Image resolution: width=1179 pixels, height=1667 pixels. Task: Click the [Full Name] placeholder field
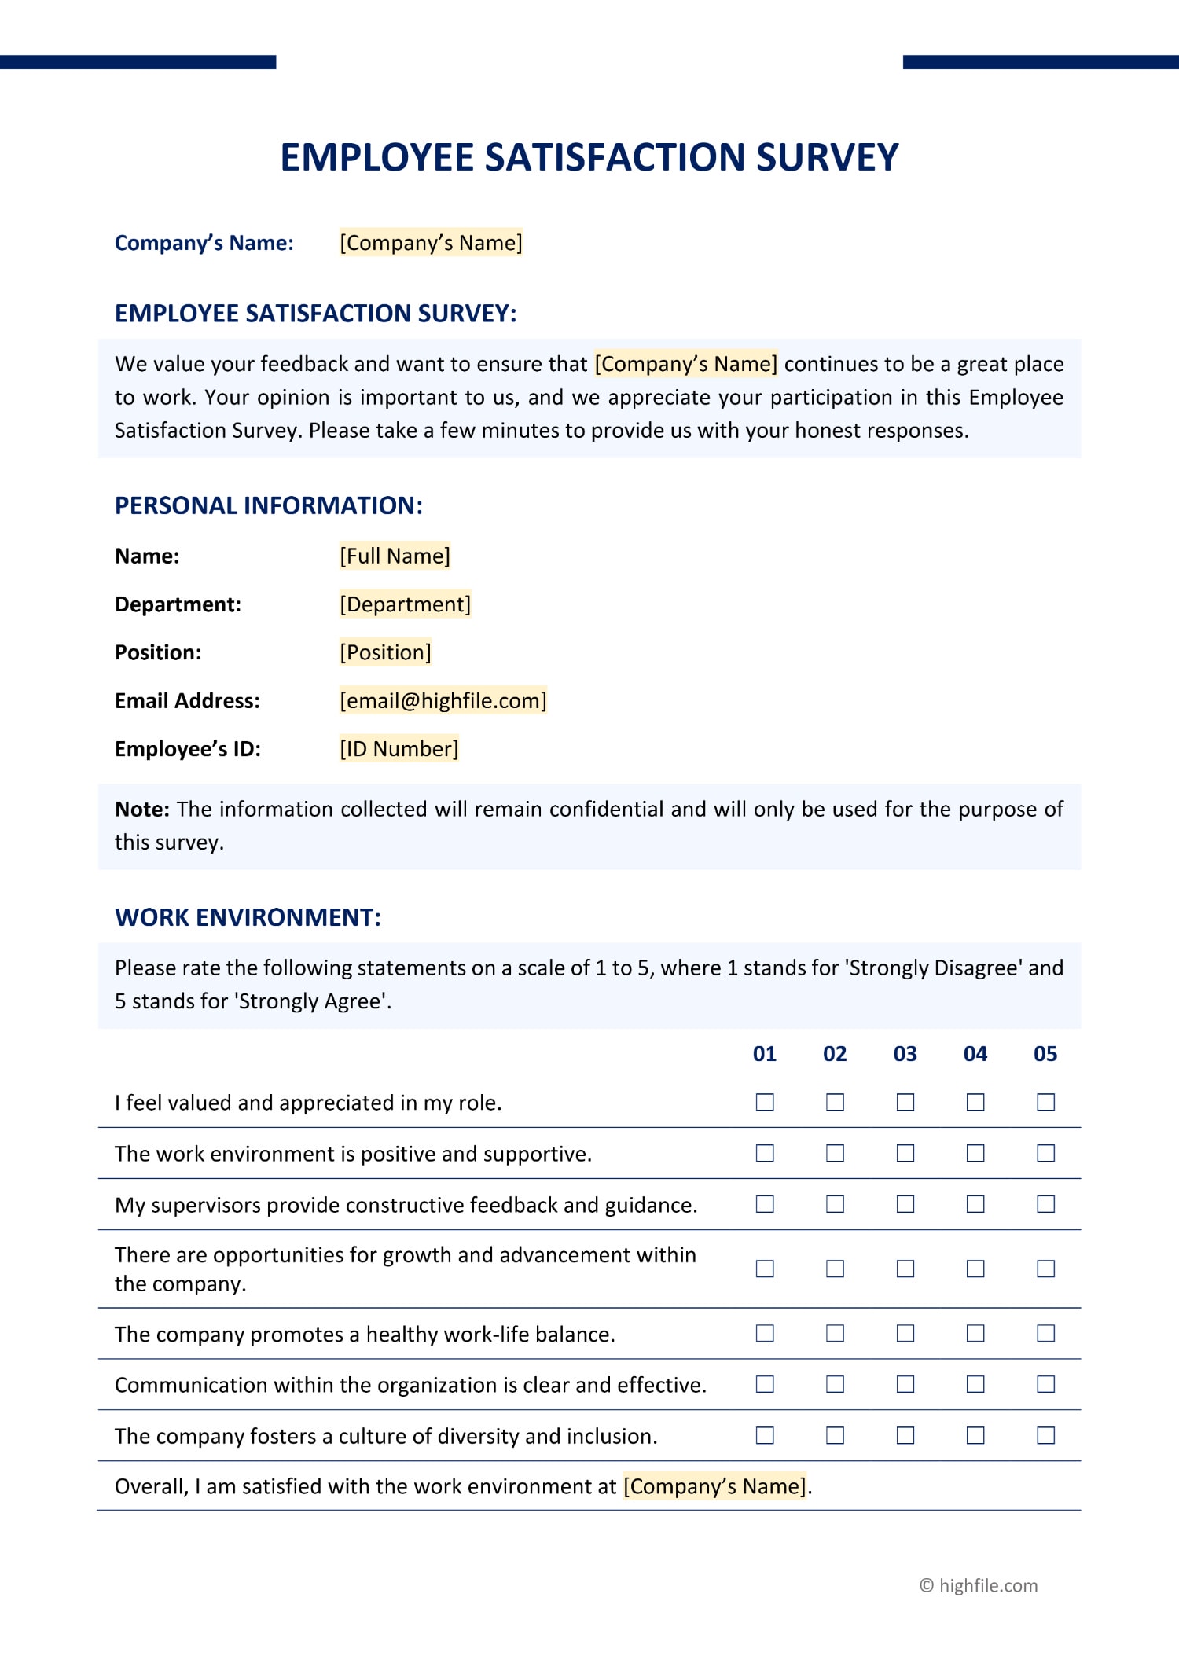click(395, 556)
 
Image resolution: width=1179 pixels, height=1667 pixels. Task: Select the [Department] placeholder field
click(405, 604)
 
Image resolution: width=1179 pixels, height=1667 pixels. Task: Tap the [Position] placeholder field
click(385, 652)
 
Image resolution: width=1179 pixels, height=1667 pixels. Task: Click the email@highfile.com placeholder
click(443, 700)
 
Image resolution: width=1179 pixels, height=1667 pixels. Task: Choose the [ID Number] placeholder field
click(399, 748)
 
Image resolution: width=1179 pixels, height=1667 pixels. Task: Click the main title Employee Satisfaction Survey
click(589, 157)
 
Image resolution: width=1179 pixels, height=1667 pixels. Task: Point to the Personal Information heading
click(268, 505)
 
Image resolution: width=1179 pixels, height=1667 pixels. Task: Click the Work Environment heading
click(248, 917)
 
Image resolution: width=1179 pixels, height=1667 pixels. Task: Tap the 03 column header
click(905, 1054)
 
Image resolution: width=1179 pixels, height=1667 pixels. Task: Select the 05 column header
click(1045, 1054)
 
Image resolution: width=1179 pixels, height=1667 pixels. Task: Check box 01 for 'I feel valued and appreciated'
click(765, 1103)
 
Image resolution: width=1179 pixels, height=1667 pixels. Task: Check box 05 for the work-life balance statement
click(1045, 1333)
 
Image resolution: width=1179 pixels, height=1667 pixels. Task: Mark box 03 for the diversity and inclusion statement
click(905, 1435)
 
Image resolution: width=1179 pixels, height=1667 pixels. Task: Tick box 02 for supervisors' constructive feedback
click(835, 1204)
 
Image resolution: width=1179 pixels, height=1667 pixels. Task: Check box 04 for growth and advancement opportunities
click(975, 1269)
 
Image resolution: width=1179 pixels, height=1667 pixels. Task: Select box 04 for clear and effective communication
click(975, 1384)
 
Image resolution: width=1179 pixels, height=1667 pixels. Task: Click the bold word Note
click(141, 809)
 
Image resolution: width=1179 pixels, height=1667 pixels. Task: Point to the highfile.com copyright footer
click(979, 1585)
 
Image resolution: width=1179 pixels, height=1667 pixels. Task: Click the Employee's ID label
click(187, 748)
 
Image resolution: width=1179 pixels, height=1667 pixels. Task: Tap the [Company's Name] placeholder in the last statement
click(714, 1486)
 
